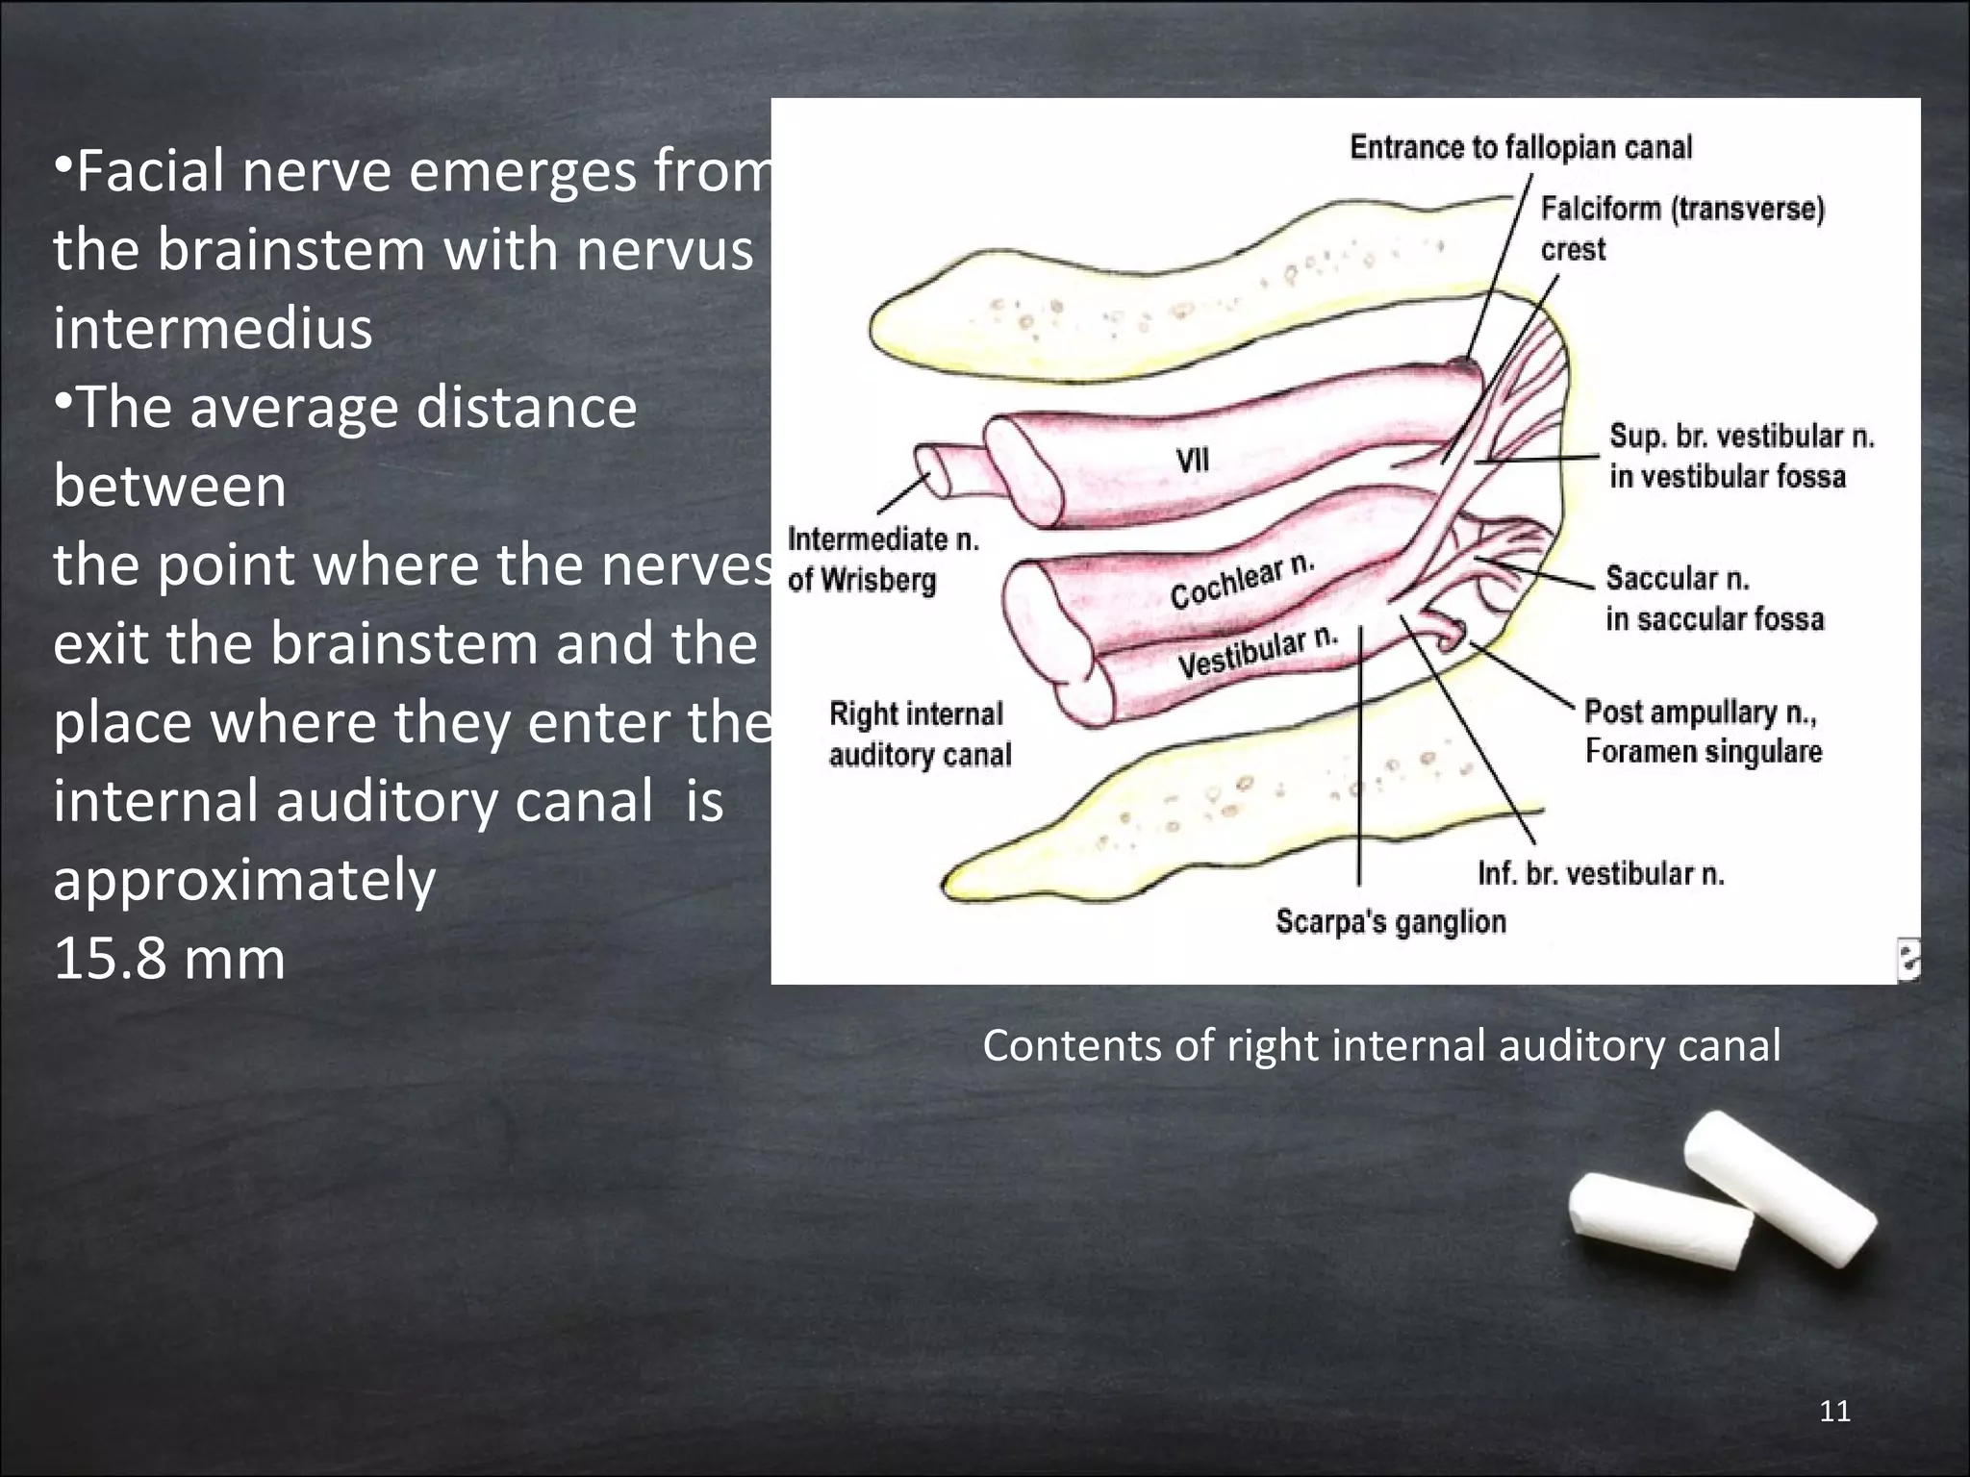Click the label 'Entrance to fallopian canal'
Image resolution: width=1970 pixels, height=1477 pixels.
(1520, 147)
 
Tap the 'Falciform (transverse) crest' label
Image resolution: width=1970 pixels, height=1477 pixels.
(1681, 228)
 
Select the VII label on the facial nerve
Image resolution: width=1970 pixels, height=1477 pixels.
(1193, 461)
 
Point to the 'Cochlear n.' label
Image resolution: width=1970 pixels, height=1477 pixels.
(1241, 581)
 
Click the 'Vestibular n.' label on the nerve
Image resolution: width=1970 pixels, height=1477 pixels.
(1257, 653)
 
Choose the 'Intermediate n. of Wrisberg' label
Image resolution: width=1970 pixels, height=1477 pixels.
(882, 559)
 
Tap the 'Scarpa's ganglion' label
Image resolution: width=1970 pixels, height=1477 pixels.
(1390, 921)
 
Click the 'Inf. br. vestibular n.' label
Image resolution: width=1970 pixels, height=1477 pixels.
(1600, 873)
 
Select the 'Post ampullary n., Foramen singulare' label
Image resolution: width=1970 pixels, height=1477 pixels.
(1703, 731)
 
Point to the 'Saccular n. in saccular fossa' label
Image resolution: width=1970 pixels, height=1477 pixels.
(1713, 597)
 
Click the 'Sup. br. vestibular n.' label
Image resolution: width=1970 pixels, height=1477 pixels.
(1741, 456)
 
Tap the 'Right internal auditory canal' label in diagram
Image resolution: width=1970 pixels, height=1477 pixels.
(920, 734)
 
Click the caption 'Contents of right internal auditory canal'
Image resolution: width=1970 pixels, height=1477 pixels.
(1380, 1045)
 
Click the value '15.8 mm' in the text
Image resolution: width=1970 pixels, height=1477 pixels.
(169, 959)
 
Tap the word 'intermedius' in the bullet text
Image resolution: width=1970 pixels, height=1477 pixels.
(213, 328)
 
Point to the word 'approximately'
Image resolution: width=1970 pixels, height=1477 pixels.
(244, 880)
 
